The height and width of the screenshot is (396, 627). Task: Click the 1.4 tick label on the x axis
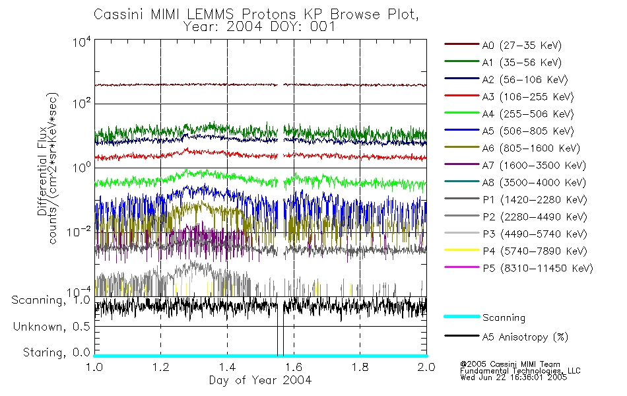coord(227,367)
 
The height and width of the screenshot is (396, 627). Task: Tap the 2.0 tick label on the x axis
coord(426,367)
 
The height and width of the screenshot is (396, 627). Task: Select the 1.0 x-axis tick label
coord(94,367)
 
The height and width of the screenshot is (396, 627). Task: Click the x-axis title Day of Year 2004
coord(260,380)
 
